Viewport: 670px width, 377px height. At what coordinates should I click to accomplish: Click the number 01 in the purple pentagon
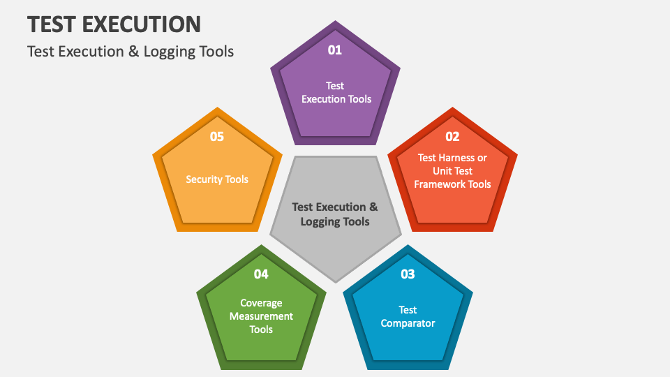click(x=335, y=50)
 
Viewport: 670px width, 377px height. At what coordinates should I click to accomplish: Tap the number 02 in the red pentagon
click(x=452, y=136)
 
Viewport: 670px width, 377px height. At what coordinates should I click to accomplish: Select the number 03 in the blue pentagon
click(x=408, y=274)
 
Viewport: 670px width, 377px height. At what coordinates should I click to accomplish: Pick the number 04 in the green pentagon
click(x=261, y=274)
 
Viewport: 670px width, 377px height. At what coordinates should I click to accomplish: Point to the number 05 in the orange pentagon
click(x=217, y=136)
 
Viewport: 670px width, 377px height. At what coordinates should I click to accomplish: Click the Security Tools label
click(x=217, y=179)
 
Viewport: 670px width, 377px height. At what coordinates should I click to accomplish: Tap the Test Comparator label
click(x=408, y=316)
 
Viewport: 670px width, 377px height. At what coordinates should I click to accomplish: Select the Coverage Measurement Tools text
click(x=261, y=316)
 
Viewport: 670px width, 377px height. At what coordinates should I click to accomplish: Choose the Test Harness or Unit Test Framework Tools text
click(x=452, y=171)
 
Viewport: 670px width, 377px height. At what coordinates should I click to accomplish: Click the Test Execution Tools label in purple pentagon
click(x=336, y=92)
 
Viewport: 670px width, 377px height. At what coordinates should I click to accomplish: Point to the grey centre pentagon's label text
click(x=335, y=214)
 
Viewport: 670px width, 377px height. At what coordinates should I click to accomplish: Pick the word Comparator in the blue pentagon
click(x=408, y=323)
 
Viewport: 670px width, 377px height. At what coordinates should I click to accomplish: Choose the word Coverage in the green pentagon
click(x=261, y=303)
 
